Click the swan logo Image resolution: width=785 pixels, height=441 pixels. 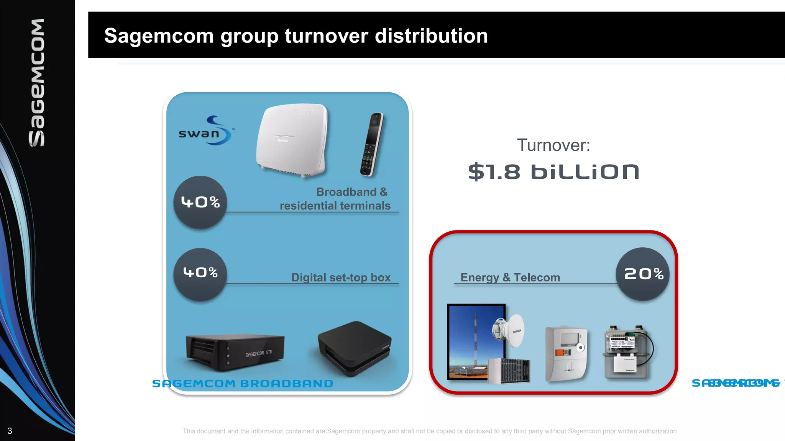pos(205,131)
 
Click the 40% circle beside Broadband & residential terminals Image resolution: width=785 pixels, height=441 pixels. pos(200,202)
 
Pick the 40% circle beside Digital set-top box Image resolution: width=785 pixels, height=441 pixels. pos(200,273)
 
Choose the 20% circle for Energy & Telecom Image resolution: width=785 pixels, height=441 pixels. pos(643,274)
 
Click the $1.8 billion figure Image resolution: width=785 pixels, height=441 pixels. pos(553,171)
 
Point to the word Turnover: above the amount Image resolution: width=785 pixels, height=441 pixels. pos(553,145)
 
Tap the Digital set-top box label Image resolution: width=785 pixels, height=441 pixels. pos(341,277)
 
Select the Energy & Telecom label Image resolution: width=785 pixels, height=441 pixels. pos(510,277)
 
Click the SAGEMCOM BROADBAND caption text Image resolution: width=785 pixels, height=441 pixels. pos(242,384)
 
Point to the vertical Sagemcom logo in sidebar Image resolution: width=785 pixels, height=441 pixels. pos(37,83)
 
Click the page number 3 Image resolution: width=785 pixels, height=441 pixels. pos(10,431)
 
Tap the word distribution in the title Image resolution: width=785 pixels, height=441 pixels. pos(431,36)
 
